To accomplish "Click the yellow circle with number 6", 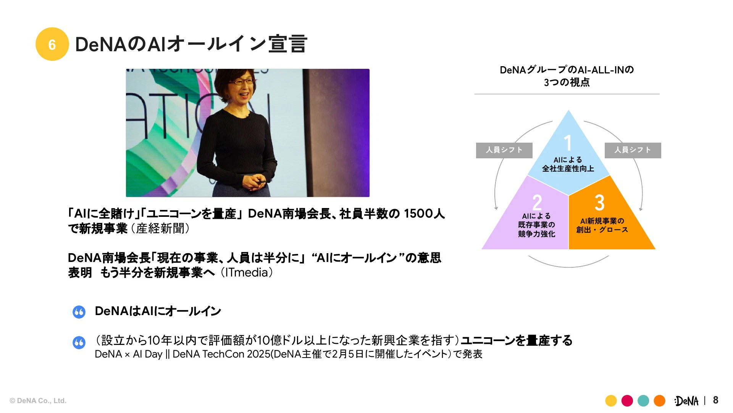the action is pos(52,44).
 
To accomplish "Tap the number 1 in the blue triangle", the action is pos(568,143).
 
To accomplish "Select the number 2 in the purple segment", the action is pos(537,202).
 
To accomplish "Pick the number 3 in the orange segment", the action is pos(600,202).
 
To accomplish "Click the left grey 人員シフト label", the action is pos(504,150).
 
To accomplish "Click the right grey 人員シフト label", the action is pos(633,150).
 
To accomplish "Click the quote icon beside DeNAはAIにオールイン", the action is pos(79,312).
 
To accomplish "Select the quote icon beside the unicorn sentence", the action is pos(79,342).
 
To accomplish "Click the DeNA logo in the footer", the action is pos(686,401).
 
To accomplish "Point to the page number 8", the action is pos(715,400).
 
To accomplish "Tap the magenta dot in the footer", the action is pos(627,401).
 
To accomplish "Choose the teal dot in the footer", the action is pos(643,401).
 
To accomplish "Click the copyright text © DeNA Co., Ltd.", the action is pos(38,401).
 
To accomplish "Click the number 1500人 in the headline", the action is pos(424,213).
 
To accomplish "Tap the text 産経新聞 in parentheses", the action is pos(160,228).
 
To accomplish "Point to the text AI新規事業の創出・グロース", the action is pos(602,225).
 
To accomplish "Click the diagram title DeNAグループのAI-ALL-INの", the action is pos(567,70).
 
